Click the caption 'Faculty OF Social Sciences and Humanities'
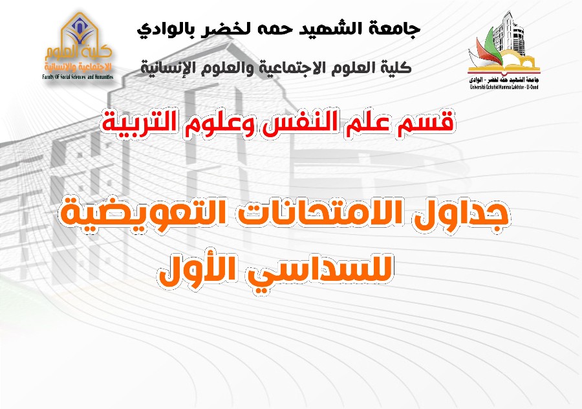[x=78, y=77]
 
